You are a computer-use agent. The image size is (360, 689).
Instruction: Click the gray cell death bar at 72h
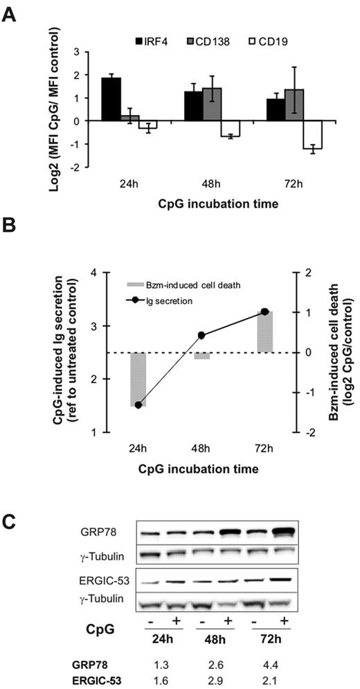(265, 332)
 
